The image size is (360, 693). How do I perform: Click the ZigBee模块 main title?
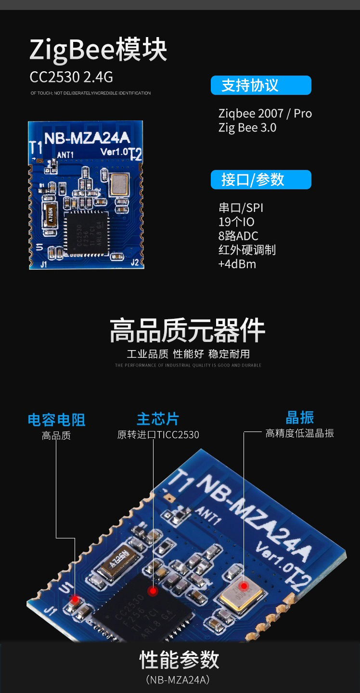pos(99,50)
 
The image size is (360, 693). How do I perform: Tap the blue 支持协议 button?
pos(261,85)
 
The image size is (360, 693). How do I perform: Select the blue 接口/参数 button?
pos(261,180)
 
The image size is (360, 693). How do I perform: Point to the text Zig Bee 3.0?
pos(247,128)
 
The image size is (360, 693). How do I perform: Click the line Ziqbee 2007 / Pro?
pos(265,114)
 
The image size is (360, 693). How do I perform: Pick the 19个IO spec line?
pos(236,222)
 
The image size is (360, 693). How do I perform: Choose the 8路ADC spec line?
pos(238,236)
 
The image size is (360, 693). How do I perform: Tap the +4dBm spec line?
pos(237,264)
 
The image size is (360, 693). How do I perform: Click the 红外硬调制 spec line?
pos(247,250)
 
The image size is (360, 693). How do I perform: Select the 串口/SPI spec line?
pos(241,208)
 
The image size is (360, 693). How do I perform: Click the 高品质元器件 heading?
pos(187,331)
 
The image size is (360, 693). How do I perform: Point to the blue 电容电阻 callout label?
pos(56,419)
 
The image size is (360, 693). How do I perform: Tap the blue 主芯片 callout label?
pos(158,418)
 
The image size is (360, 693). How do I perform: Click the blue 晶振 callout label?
pos(299,417)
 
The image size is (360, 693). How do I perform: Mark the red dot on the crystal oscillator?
pos(244,586)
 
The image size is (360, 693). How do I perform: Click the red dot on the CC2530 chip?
pos(153,590)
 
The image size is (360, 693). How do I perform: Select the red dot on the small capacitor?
pos(75,599)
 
